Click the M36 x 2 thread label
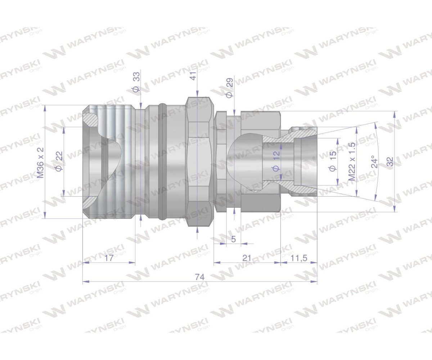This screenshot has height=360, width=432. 40,163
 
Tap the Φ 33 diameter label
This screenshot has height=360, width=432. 136,82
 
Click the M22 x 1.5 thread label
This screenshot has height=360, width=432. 352,162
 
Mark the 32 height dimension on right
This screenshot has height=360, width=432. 390,162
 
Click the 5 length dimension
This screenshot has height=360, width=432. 233,239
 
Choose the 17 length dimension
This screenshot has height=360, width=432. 109,258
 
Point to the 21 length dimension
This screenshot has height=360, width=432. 247,258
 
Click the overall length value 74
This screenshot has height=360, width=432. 200,277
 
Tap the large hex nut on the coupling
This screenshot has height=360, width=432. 198,162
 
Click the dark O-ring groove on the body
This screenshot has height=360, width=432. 163,162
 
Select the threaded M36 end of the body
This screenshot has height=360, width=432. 108,162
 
